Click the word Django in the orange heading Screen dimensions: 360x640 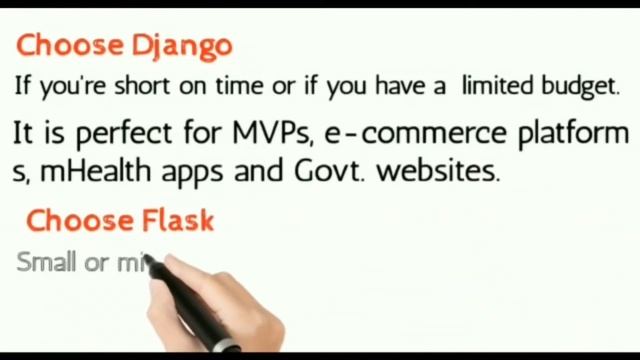tap(182, 46)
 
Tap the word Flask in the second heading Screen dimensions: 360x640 tap(176, 220)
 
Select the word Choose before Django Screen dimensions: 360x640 tap(69, 46)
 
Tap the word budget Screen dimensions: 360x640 tap(582, 87)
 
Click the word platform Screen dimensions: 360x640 tap(571, 134)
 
